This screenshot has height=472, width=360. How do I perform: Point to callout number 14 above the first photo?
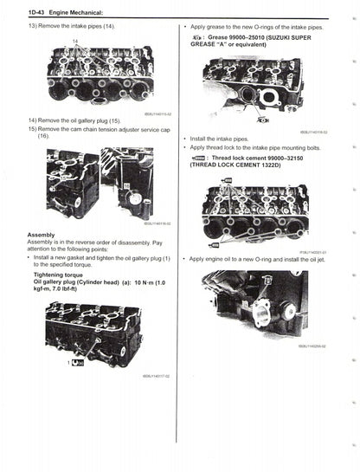pos(74,41)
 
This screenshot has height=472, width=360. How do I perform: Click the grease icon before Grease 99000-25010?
pos(198,39)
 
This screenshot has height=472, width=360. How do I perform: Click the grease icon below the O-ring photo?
pos(262,120)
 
